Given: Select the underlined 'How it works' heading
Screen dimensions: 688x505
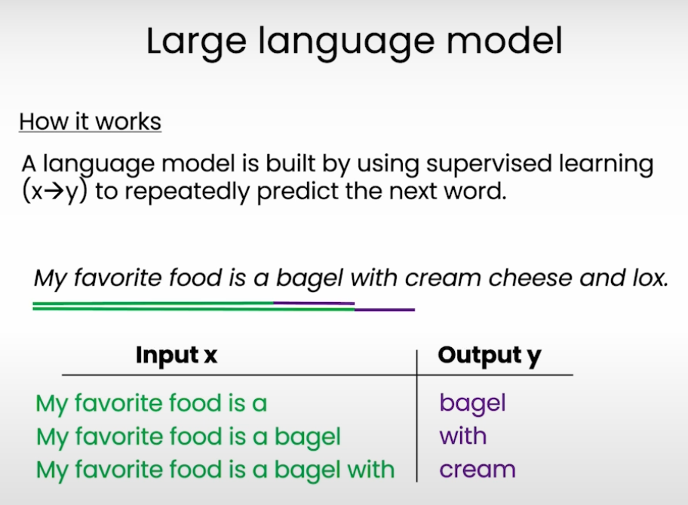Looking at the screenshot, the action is tap(91, 122).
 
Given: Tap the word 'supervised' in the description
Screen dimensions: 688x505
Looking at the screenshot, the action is tap(488, 165).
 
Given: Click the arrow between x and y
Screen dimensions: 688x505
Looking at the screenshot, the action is tap(54, 192).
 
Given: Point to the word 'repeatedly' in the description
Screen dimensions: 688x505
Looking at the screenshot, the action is tap(187, 192).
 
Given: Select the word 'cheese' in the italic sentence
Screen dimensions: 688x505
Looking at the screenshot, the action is tap(530, 278).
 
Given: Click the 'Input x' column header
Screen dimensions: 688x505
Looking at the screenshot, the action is tap(177, 355).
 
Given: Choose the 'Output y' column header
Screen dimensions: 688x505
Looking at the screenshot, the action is tap(490, 356).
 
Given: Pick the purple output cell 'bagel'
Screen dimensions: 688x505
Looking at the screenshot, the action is tap(472, 404).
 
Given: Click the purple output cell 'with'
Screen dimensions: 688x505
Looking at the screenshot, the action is tap(463, 436).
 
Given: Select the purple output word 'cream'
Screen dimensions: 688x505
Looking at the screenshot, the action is tap(478, 470).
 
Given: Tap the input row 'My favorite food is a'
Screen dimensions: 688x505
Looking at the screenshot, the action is tap(152, 404).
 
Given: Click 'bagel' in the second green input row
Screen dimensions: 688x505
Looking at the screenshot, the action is tap(308, 437).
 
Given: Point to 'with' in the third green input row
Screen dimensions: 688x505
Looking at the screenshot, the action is tap(370, 470).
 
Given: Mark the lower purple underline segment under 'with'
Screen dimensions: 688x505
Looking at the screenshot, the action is tap(385, 310).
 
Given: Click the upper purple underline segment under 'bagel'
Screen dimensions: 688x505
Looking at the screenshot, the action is tap(314, 303).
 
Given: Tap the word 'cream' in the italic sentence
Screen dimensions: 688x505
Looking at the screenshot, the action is tap(443, 279).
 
